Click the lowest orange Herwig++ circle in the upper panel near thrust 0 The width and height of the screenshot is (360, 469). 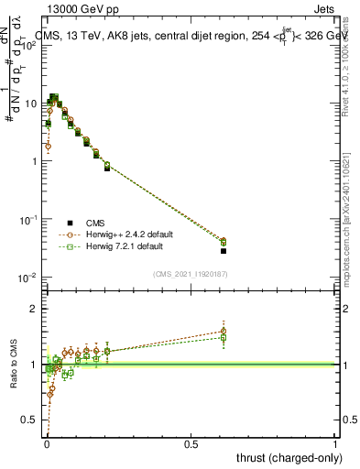[x=48, y=146]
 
